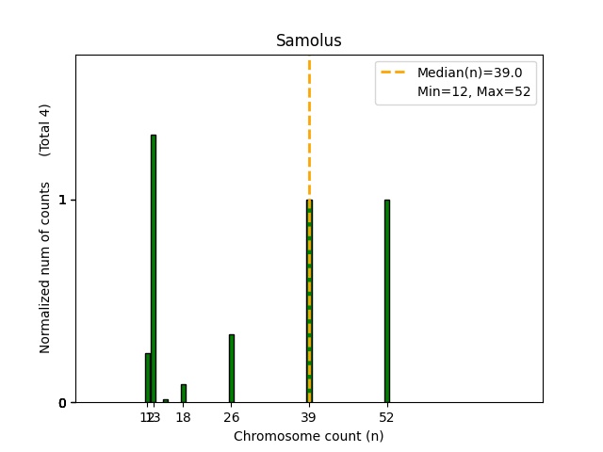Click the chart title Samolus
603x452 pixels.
tap(308, 41)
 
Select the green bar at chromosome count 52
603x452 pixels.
tap(386, 301)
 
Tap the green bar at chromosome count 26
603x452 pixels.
tap(231, 368)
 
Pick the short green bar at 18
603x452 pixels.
tap(183, 394)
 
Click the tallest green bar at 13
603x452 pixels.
tap(153, 268)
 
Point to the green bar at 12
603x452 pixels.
tap(147, 378)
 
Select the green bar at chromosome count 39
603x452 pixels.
tap(308, 301)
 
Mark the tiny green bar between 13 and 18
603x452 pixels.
tap(165, 401)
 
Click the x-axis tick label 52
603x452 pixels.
tap(386, 417)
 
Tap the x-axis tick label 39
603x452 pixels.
tap(308, 417)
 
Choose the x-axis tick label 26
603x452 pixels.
tap(231, 417)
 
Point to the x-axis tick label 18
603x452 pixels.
tap(183, 417)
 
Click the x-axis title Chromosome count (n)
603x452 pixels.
tap(308, 436)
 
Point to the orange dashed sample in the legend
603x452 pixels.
tap(395, 72)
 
